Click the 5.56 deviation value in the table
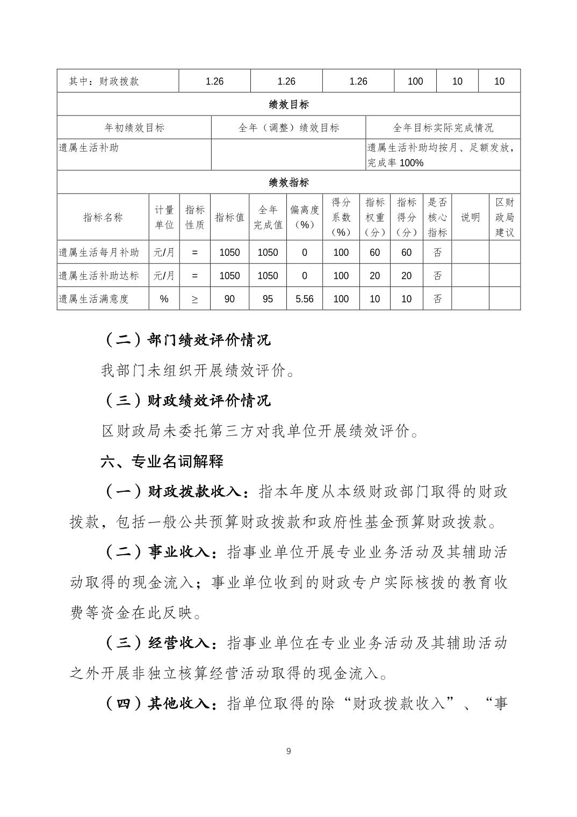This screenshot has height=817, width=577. [304, 299]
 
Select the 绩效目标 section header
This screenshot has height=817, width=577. [288, 104]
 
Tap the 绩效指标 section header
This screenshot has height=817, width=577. [288, 183]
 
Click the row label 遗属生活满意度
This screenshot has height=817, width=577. [94, 299]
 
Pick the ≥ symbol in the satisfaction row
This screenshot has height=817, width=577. [194, 299]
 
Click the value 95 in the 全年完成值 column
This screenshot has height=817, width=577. [268, 299]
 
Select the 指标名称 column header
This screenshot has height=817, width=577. [103, 217]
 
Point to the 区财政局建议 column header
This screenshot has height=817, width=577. [504, 217]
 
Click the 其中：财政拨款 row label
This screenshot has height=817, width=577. [104, 81]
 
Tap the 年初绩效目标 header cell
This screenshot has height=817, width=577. [134, 128]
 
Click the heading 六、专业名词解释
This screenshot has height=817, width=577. [162, 461]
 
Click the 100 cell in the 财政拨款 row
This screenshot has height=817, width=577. [415, 81]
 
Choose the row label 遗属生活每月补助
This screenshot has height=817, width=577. [99, 253]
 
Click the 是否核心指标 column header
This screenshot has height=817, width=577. [437, 217]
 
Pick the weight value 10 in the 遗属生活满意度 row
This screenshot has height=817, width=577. [374, 299]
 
